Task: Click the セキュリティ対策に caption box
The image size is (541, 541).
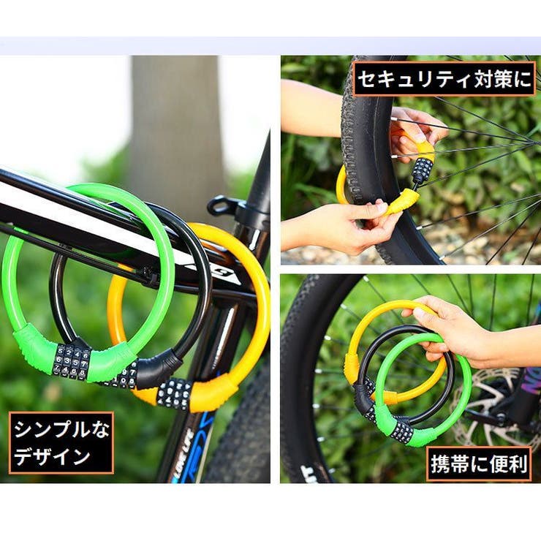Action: (444, 80)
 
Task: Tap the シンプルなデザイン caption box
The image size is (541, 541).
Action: (61, 442)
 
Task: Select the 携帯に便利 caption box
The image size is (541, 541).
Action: (479, 464)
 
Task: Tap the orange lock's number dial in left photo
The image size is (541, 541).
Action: (174, 393)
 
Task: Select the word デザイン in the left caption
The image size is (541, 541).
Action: (52, 458)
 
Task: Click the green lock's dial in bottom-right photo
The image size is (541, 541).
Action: (402, 431)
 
